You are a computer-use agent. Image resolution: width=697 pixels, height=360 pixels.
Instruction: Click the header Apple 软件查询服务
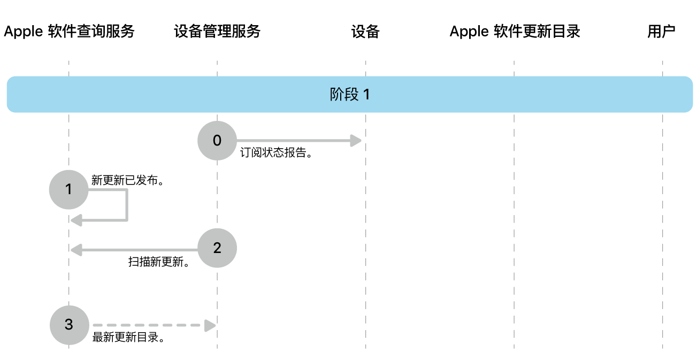(x=69, y=32)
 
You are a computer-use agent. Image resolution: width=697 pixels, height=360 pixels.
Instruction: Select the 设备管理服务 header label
(x=217, y=32)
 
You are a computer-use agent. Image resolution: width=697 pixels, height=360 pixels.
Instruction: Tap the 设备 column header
(x=365, y=32)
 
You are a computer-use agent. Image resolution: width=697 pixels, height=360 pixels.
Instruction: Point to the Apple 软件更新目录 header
(x=515, y=32)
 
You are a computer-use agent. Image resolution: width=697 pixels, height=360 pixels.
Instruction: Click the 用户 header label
(x=661, y=32)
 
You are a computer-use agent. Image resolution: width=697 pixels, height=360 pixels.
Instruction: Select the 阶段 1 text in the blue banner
(x=350, y=95)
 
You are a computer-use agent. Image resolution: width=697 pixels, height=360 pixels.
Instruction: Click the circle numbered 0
(x=217, y=141)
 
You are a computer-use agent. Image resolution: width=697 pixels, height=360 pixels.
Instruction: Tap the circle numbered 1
(x=68, y=189)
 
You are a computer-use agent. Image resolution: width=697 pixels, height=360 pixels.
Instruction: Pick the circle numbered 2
(x=217, y=248)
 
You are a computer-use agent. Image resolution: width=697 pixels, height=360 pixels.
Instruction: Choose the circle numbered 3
(x=68, y=325)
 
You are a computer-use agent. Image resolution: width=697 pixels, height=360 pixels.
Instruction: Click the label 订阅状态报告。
(x=276, y=153)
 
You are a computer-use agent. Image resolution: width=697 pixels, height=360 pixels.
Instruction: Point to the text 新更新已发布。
(x=127, y=180)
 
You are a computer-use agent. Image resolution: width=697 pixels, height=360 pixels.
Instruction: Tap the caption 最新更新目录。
(x=128, y=338)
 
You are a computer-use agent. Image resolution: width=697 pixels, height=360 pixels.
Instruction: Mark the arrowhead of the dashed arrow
(x=210, y=325)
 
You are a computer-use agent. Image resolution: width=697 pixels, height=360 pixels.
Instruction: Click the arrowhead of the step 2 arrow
(x=76, y=248)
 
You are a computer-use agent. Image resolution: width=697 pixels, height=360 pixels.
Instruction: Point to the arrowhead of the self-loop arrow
(x=76, y=219)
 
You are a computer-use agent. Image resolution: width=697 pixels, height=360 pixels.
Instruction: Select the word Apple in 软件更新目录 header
(x=469, y=32)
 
